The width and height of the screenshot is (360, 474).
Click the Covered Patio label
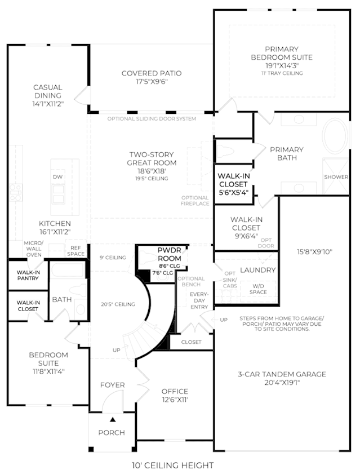pos(152,73)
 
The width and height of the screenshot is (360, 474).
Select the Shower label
pos(336,177)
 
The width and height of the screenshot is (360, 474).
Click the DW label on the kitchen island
pos(57,177)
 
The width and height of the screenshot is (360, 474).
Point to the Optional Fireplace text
pos(195,201)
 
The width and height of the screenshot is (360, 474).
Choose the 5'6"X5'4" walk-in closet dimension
pos(233,192)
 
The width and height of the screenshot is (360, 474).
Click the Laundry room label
pos(258,270)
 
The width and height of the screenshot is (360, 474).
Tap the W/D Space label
pos(258,289)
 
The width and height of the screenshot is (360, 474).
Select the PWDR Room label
pos(170,254)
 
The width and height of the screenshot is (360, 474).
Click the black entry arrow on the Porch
pos(113,419)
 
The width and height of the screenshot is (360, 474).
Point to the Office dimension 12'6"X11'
pos(175,400)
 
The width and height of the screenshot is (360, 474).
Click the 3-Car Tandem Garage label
pos(282,374)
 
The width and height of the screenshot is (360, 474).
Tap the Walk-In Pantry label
pos(28,275)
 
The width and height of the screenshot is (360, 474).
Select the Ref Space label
pos(75,251)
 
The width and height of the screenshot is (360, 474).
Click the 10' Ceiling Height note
pos(172,465)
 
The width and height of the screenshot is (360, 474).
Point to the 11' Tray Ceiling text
pos(282,73)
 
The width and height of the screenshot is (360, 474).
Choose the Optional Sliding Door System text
pos(152,119)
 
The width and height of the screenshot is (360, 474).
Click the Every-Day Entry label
pos(199,300)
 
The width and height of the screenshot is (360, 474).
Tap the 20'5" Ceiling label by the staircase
pos(118,304)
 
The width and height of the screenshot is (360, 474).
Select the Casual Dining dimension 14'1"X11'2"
pos(48,104)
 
